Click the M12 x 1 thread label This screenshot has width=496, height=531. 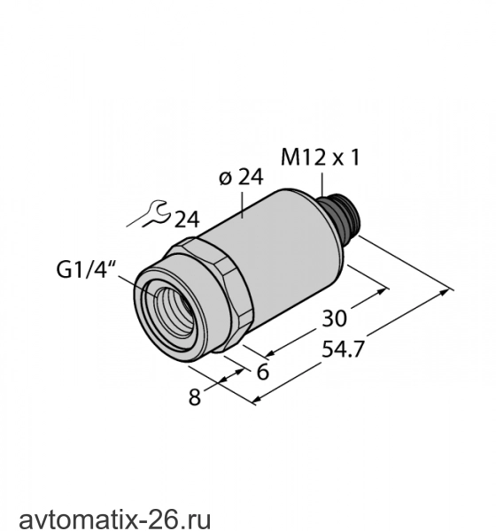click(320, 158)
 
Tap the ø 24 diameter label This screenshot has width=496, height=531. click(241, 177)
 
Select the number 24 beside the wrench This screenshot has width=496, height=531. click(187, 219)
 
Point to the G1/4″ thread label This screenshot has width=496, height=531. click(86, 270)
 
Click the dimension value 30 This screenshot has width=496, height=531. click(334, 319)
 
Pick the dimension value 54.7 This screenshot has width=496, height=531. click(343, 350)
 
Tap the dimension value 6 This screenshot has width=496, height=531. click(263, 372)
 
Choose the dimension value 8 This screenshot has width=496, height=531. click(195, 396)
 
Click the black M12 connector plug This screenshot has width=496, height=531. click(337, 214)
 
